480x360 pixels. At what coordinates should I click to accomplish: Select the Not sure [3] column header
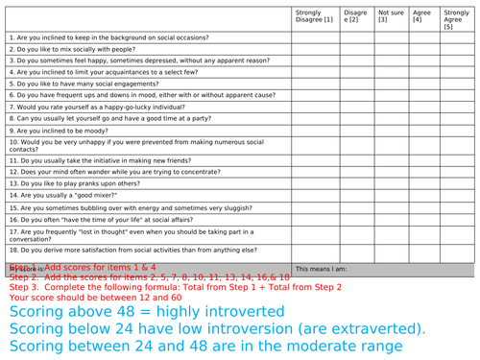coord(391,16)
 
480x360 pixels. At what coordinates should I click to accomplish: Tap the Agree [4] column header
coord(420,16)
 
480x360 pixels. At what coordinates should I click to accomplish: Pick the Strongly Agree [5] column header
coord(456,19)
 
